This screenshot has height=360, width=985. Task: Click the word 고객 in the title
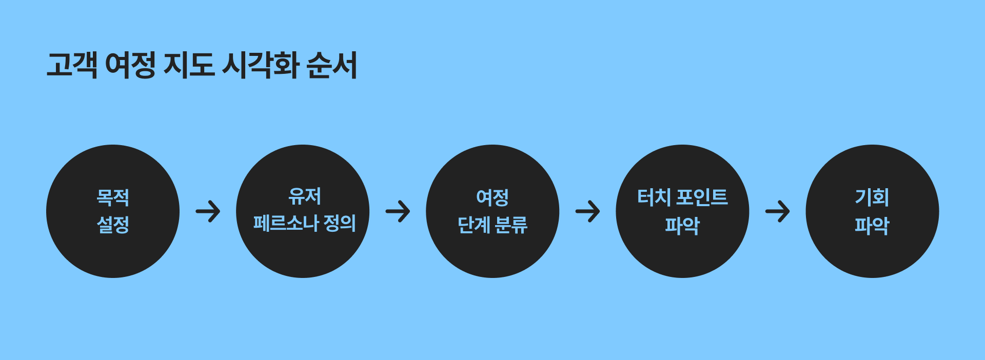tap(72, 65)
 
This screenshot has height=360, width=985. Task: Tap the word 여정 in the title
tap(130, 65)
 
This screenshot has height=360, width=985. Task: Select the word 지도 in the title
tap(188, 65)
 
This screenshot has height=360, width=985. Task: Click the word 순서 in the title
tap(331, 65)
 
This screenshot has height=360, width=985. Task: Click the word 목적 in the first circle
tap(113, 197)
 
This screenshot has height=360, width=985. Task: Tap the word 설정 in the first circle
tap(113, 225)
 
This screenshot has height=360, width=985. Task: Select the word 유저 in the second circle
tap(304, 196)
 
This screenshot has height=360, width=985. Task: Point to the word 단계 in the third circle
tap(474, 225)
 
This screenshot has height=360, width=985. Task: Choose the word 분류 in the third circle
tap(511, 225)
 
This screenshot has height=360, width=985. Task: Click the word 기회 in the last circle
tap(872, 197)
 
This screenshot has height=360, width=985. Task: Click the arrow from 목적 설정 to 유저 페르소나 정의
tap(208, 211)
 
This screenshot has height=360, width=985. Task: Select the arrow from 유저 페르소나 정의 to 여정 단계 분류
tap(398, 211)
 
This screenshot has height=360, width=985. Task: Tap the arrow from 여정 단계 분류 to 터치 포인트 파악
tap(587, 211)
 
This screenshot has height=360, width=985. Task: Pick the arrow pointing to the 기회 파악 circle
tap(777, 211)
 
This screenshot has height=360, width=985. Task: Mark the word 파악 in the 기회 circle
tap(872, 225)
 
